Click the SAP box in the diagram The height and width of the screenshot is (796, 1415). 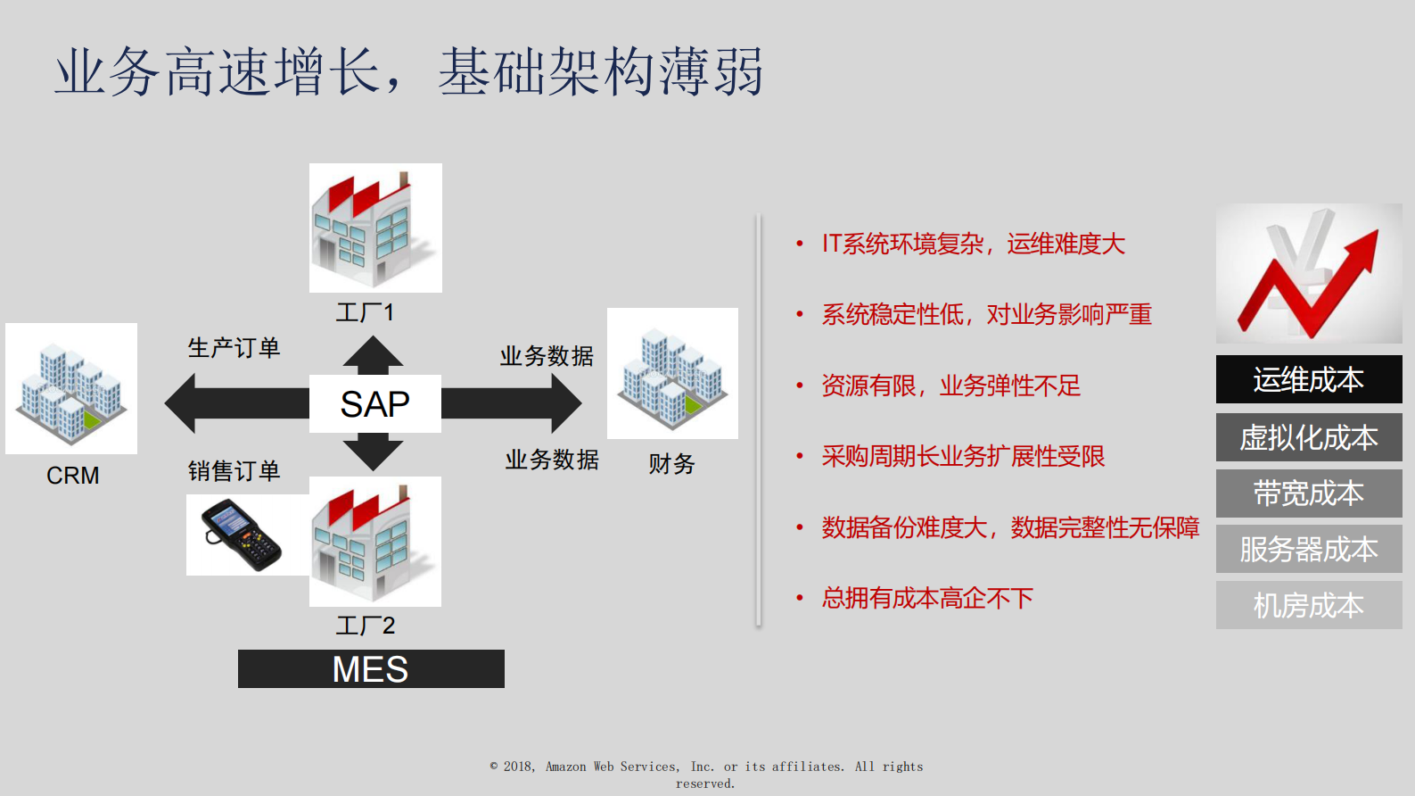[x=374, y=404]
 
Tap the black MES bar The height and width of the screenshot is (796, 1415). [x=371, y=669]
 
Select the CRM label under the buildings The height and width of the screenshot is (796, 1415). [x=72, y=476]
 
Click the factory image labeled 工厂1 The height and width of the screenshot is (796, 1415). [x=375, y=228]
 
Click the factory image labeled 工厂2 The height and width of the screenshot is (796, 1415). [x=375, y=541]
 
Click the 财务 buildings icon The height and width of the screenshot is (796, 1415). [x=672, y=373]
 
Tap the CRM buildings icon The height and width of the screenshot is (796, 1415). [x=71, y=388]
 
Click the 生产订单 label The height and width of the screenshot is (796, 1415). [x=234, y=348]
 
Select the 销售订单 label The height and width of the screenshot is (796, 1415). [x=234, y=470]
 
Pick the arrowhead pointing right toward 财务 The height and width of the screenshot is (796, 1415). [x=564, y=403]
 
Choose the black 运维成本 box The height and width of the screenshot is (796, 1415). [x=1308, y=380]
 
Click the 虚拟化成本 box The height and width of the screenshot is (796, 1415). [x=1308, y=437]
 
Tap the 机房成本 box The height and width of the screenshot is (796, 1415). [x=1308, y=605]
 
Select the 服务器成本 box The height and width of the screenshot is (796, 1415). [x=1308, y=549]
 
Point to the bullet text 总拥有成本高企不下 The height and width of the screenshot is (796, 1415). [x=927, y=598]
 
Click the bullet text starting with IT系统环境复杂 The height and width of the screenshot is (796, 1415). [x=973, y=244]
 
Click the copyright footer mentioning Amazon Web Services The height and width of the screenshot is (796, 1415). [x=706, y=774]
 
